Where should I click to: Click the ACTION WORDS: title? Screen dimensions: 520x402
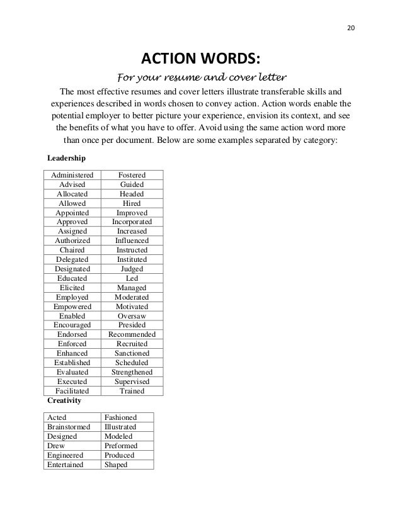pyautogui.click(x=200, y=59)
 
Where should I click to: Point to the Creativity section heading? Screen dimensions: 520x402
pyautogui.click(x=64, y=400)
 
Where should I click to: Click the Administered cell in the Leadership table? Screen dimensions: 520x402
pyautogui.click(x=72, y=174)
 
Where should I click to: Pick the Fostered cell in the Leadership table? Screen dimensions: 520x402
pyautogui.click(x=132, y=174)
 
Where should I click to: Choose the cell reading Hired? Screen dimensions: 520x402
pyautogui.click(x=132, y=203)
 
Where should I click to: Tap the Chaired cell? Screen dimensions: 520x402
pyautogui.click(x=72, y=250)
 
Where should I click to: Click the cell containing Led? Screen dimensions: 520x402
pyautogui.click(x=132, y=278)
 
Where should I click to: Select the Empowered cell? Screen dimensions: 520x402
pyautogui.click(x=72, y=307)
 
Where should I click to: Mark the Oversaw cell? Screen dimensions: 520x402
pyautogui.click(x=132, y=316)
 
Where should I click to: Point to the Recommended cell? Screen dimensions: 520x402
pyautogui.click(x=132, y=335)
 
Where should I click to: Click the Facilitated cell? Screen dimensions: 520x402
pyautogui.click(x=72, y=391)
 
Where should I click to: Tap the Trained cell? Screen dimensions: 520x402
pyautogui.click(x=132, y=391)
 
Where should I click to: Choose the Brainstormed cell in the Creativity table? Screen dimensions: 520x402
pyautogui.click(x=69, y=427)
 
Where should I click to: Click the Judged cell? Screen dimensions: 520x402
pyautogui.click(x=132, y=269)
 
